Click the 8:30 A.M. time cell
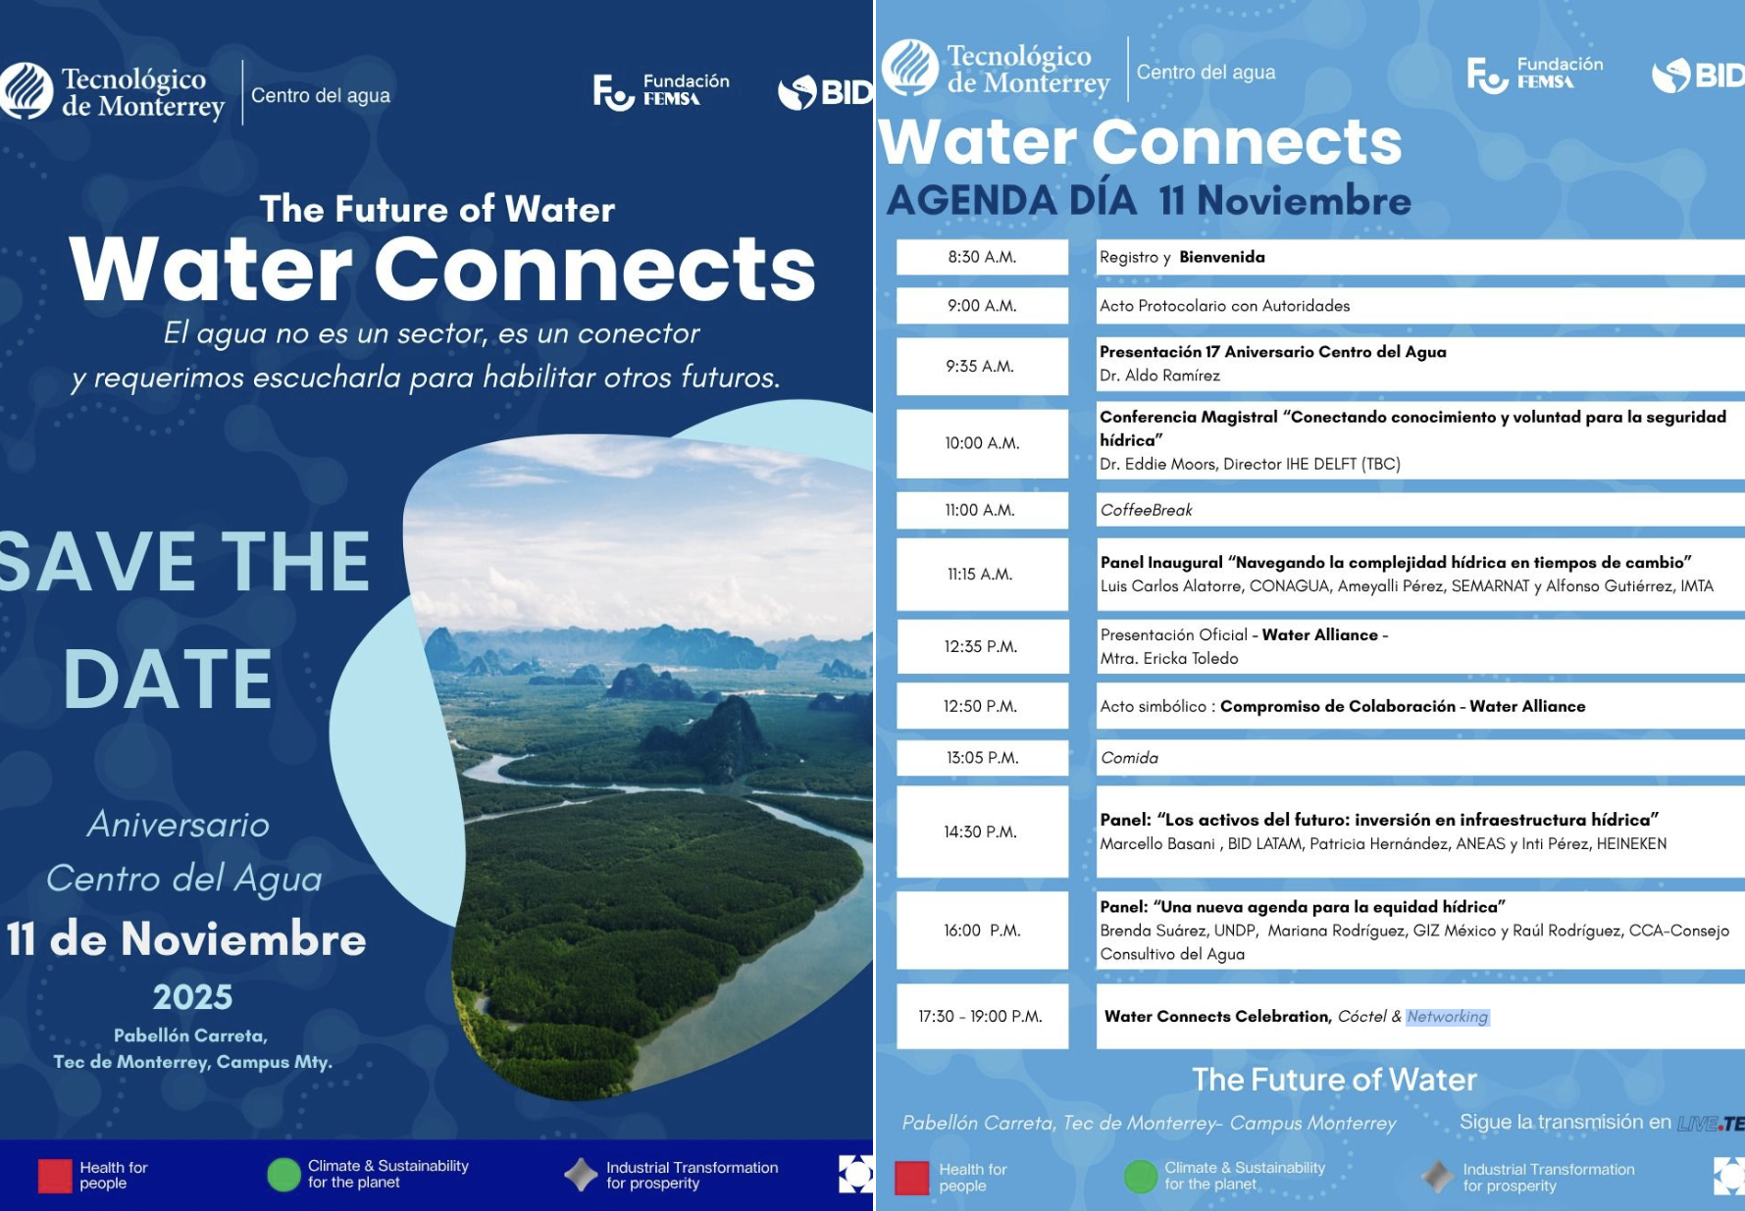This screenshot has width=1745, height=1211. click(982, 257)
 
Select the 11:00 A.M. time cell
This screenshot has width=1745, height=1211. click(982, 510)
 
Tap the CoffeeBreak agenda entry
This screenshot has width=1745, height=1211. click(1146, 510)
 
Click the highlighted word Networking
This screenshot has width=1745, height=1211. click(1447, 1017)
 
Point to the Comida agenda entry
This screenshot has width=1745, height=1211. click(1129, 758)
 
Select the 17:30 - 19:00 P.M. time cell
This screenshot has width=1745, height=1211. click(982, 1017)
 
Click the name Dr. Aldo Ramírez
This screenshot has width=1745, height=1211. click(1159, 376)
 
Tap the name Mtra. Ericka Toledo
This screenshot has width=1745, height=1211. click(1169, 659)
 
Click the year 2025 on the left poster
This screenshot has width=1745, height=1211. click(192, 997)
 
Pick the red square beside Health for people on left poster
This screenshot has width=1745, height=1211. click(55, 1176)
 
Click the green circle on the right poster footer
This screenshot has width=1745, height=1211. click(1141, 1177)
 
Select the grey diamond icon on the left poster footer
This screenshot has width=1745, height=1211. click(581, 1175)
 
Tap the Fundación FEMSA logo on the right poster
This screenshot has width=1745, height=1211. click(1535, 74)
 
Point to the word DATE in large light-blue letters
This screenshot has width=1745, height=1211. click(168, 679)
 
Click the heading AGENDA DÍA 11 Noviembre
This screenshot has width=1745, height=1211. click(1149, 200)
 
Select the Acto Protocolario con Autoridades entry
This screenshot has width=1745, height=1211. click(1224, 306)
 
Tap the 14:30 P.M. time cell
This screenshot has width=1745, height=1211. click(982, 832)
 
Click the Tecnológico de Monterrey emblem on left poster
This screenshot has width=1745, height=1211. click(26, 91)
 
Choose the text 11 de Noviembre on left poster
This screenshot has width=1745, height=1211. click(186, 939)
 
